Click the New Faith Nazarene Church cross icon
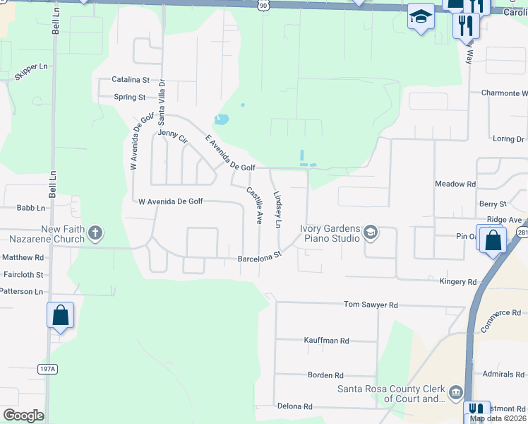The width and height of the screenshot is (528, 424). [x=96, y=232]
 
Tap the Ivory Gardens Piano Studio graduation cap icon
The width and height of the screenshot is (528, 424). [x=371, y=232]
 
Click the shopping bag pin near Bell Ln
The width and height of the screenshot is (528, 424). [x=60, y=315]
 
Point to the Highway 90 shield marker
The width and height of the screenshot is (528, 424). [x=263, y=5]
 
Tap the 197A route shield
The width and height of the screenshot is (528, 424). [x=47, y=369]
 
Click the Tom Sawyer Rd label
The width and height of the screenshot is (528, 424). [x=371, y=305]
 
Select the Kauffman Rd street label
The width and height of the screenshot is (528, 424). [x=326, y=341]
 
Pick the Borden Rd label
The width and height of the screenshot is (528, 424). [x=325, y=375]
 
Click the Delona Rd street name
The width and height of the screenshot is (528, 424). [x=294, y=406]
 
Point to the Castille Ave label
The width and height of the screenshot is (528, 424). [x=254, y=205]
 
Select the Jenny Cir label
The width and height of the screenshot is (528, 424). [x=173, y=136]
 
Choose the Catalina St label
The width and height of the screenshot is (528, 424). [x=131, y=80]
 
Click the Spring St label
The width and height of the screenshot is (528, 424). [x=130, y=97]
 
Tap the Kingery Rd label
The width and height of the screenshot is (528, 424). [x=458, y=282]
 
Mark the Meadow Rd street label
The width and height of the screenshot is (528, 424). [x=455, y=184]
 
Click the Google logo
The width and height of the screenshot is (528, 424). [x=23, y=416]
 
